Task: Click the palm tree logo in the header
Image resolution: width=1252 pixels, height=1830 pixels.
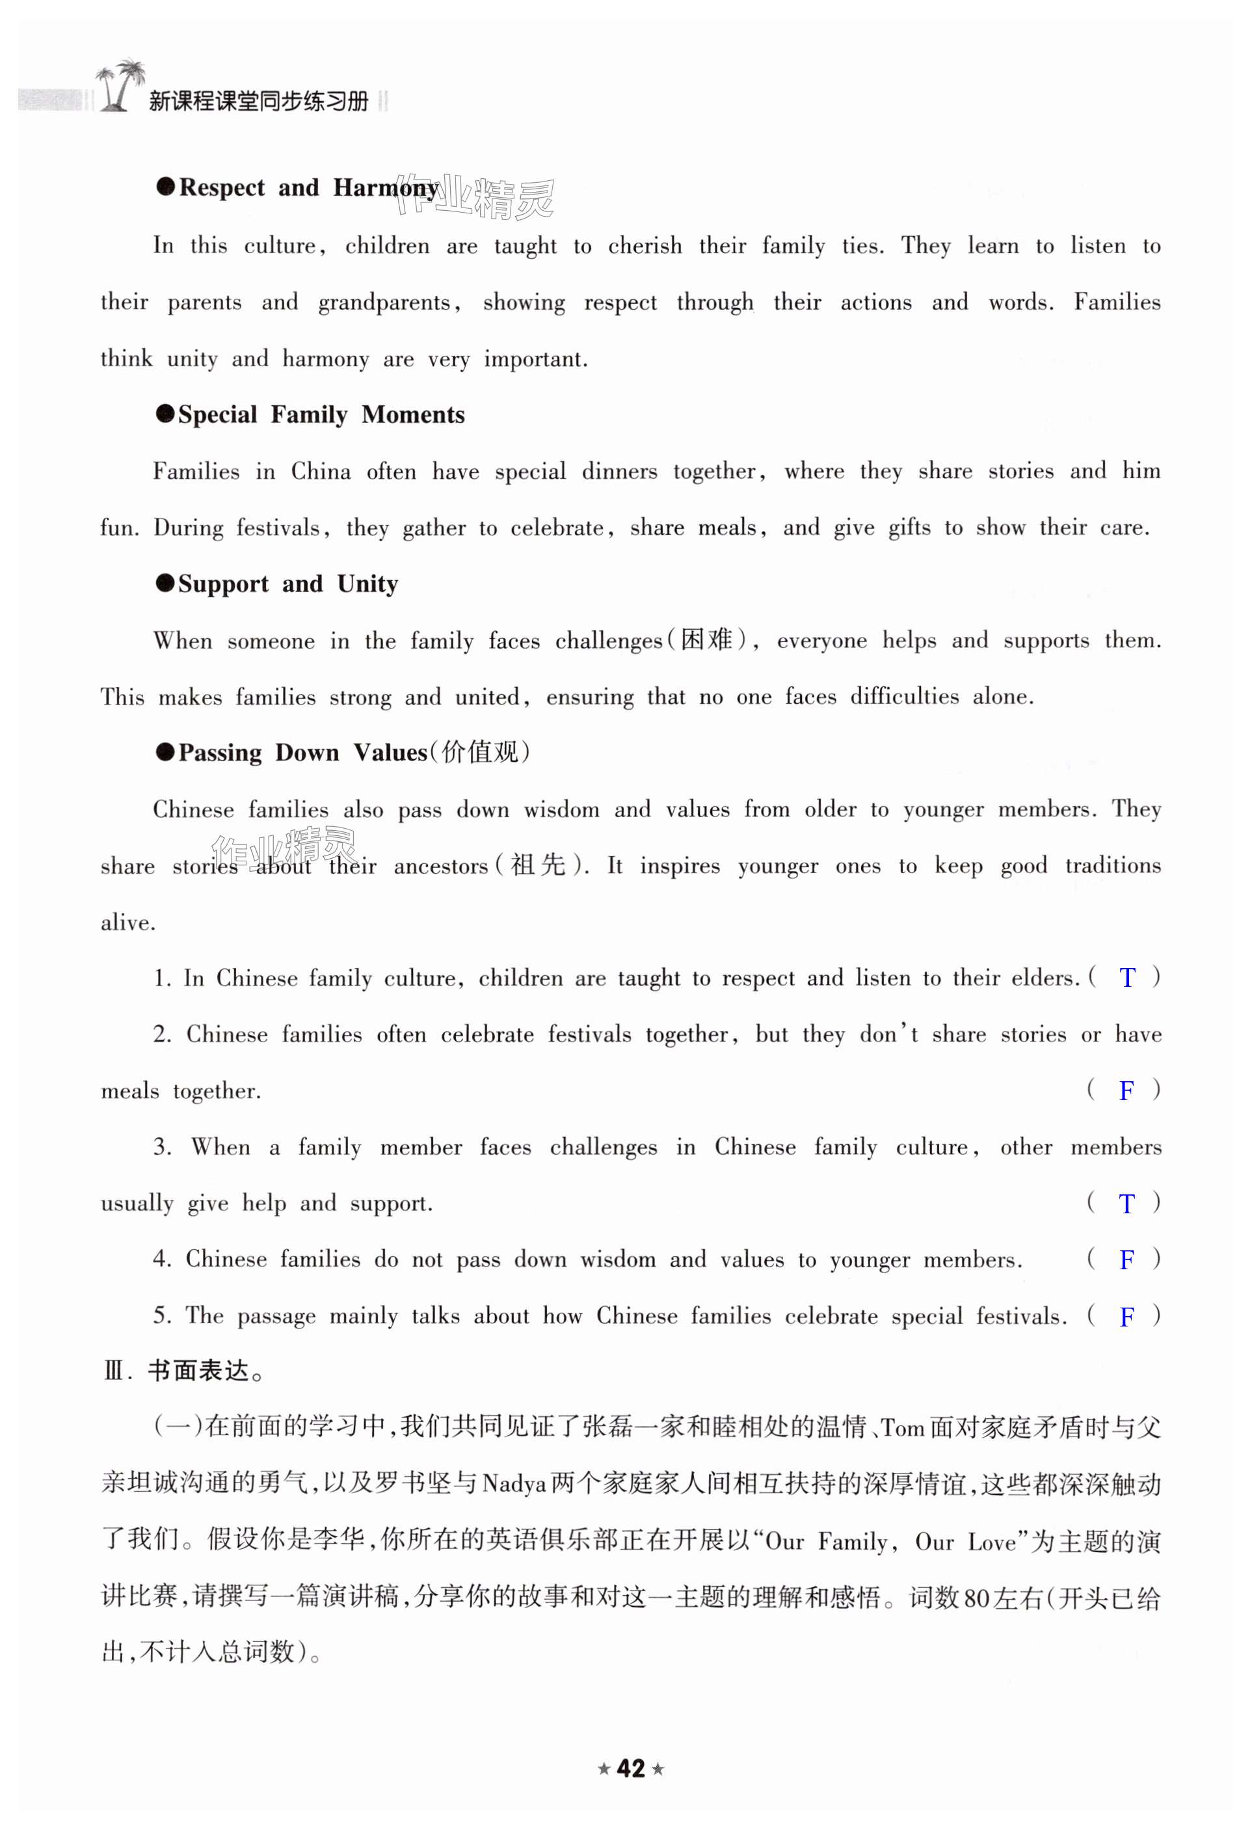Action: (x=120, y=85)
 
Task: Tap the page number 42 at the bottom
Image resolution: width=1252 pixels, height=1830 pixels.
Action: (x=631, y=1768)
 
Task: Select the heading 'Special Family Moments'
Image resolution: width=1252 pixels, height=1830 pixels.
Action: (x=321, y=415)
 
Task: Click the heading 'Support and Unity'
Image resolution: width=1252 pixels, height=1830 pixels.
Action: (x=287, y=584)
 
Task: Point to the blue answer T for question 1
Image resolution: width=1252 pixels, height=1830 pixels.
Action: (x=1126, y=978)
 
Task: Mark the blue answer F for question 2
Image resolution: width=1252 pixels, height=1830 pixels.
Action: (x=1126, y=1090)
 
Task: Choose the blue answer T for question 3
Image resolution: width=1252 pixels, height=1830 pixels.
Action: (x=1126, y=1204)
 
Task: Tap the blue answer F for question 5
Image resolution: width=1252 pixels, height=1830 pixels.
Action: (x=1126, y=1317)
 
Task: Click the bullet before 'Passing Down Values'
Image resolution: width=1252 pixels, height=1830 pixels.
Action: (x=165, y=752)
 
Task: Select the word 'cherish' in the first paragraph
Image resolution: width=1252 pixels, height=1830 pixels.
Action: (x=645, y=246)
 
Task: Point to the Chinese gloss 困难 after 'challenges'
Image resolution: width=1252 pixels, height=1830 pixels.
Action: (x=706, y=639)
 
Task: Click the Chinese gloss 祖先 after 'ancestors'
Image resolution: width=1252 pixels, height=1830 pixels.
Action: (x=539, y=865)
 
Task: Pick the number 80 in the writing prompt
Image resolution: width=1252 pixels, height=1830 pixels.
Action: (x=976, y=1598)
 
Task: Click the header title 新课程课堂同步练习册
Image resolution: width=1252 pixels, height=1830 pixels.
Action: (x=258, y=101)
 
